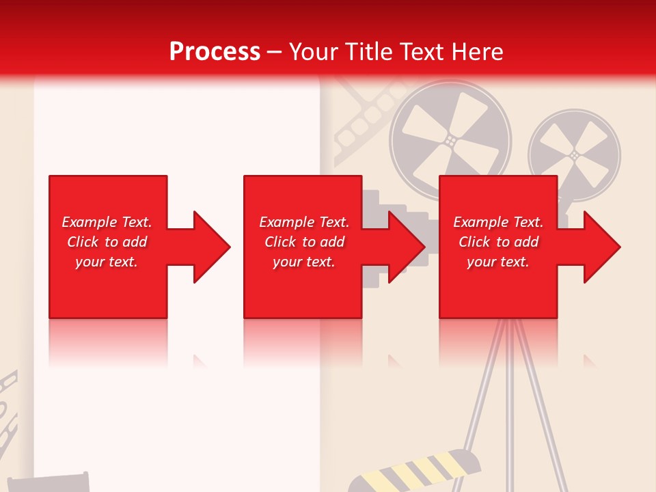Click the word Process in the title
point(215,52)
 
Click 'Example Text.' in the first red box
point(107,222)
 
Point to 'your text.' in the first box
point(107,262)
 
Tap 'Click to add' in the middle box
point(304,242)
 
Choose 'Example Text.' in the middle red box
point(304,222)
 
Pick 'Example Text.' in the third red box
point(498,222)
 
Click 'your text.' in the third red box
point(498,262)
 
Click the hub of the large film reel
point(450,140)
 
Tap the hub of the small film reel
point(574,155)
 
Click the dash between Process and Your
point(274,52)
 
